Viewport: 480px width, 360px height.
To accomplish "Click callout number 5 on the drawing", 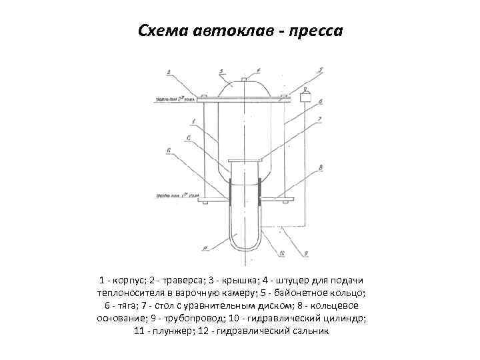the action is tap(320, 70).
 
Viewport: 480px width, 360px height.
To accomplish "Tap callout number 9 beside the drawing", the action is tap(306, 253).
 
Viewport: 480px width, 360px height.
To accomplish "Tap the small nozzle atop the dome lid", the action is tap(244, 79).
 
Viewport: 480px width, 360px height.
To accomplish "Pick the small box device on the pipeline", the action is tap(306, 98).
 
